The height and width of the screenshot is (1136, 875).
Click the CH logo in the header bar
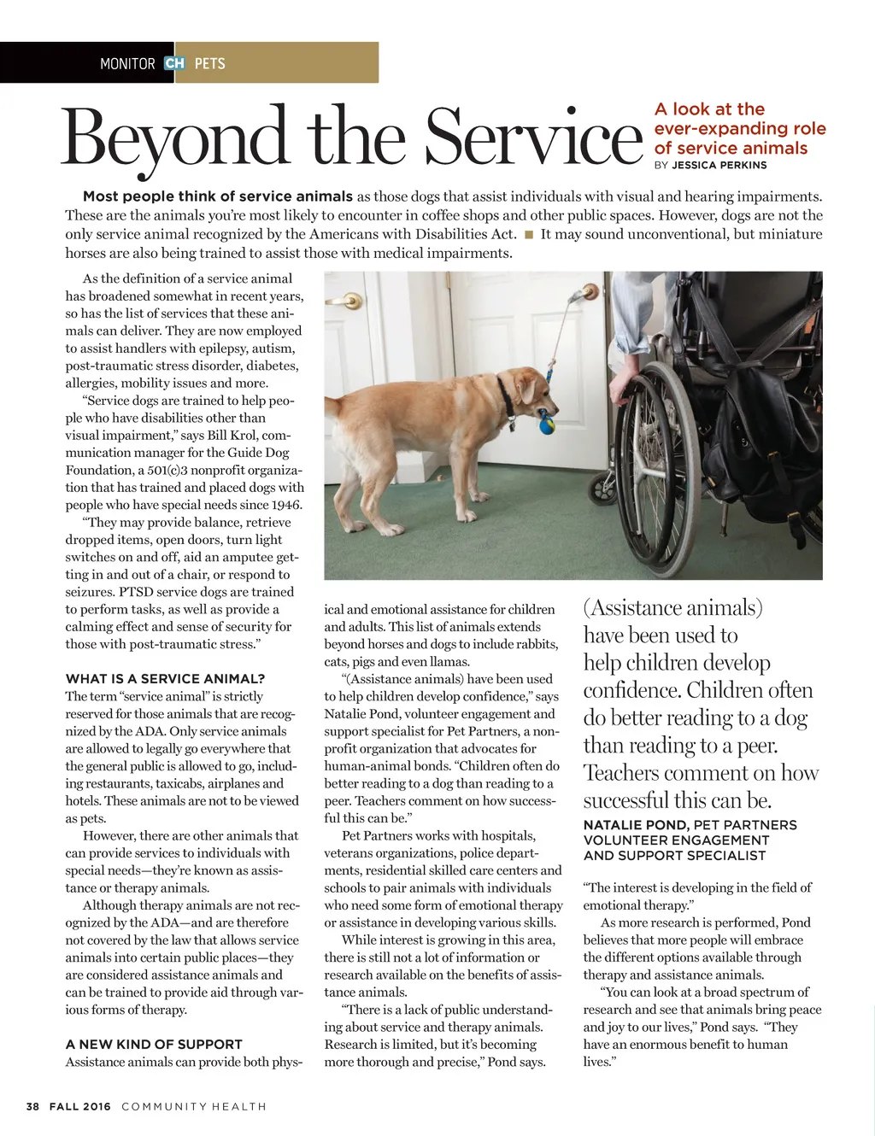coord(174,63)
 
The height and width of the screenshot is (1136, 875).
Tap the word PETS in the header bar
coord(210,63)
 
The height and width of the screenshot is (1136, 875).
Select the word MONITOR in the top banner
coord(127,63)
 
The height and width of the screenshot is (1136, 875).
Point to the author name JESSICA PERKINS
coord(719,165)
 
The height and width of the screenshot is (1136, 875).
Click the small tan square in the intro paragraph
coord(529,234)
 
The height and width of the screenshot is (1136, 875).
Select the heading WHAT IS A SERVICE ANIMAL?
coord(165,679)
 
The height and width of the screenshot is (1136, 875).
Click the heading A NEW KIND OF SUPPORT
coord(154,1044)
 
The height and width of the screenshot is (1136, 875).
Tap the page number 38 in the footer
coord(33,1106)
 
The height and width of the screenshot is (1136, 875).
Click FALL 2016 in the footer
coord(80,1106)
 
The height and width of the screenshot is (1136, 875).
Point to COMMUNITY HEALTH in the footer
coord(194,1106)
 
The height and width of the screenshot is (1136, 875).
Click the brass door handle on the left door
coord(349,301)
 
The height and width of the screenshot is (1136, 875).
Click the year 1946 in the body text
coord(285,505)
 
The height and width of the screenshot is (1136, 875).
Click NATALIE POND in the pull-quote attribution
coord(636,825)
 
